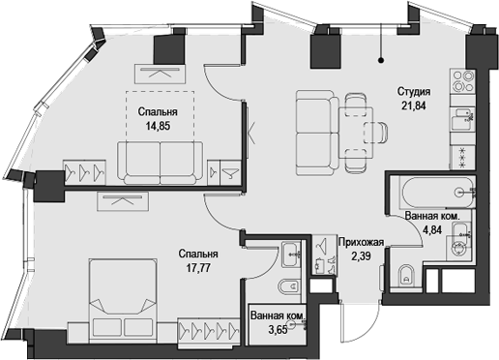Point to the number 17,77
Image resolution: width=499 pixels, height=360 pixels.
196,267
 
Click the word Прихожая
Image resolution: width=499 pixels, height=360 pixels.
362,243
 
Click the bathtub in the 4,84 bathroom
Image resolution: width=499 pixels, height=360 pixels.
434,192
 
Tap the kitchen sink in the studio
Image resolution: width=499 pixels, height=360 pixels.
463,117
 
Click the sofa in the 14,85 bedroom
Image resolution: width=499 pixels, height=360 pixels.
161,158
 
